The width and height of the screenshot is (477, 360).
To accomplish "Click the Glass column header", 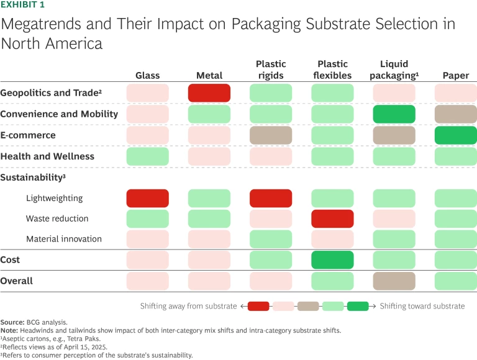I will coord(147,76).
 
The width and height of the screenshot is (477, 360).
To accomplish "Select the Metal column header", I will coord(209,76).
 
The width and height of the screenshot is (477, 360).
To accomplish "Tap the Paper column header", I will coord(455,76).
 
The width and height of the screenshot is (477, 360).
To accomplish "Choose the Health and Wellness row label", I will coord(47,156).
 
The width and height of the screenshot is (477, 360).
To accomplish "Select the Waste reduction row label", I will coord(57,218).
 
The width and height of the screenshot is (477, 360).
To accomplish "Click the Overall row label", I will coord(17,281).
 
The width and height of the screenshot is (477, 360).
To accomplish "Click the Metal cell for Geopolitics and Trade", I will coord(209,93).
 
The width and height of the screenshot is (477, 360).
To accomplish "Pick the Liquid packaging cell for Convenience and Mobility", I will coord(394,114).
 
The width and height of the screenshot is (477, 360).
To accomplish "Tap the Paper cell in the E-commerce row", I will coord(455,135).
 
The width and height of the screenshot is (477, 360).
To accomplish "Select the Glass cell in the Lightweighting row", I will coord(147,198).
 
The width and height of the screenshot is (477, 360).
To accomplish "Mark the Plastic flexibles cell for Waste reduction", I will coord(332,218).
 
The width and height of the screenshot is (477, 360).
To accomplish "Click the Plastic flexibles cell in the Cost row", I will coord(332,259).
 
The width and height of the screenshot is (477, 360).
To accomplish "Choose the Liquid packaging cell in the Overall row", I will coord(394,281).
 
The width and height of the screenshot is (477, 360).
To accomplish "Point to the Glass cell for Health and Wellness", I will coord(147,156).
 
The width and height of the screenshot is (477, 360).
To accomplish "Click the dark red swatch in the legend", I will coord(258,306).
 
